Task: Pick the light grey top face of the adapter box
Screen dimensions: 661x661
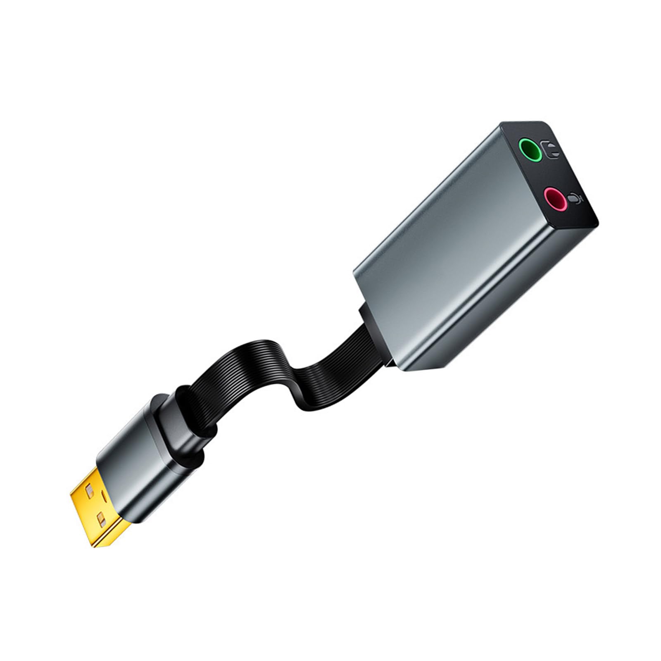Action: [x=430, y=219]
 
